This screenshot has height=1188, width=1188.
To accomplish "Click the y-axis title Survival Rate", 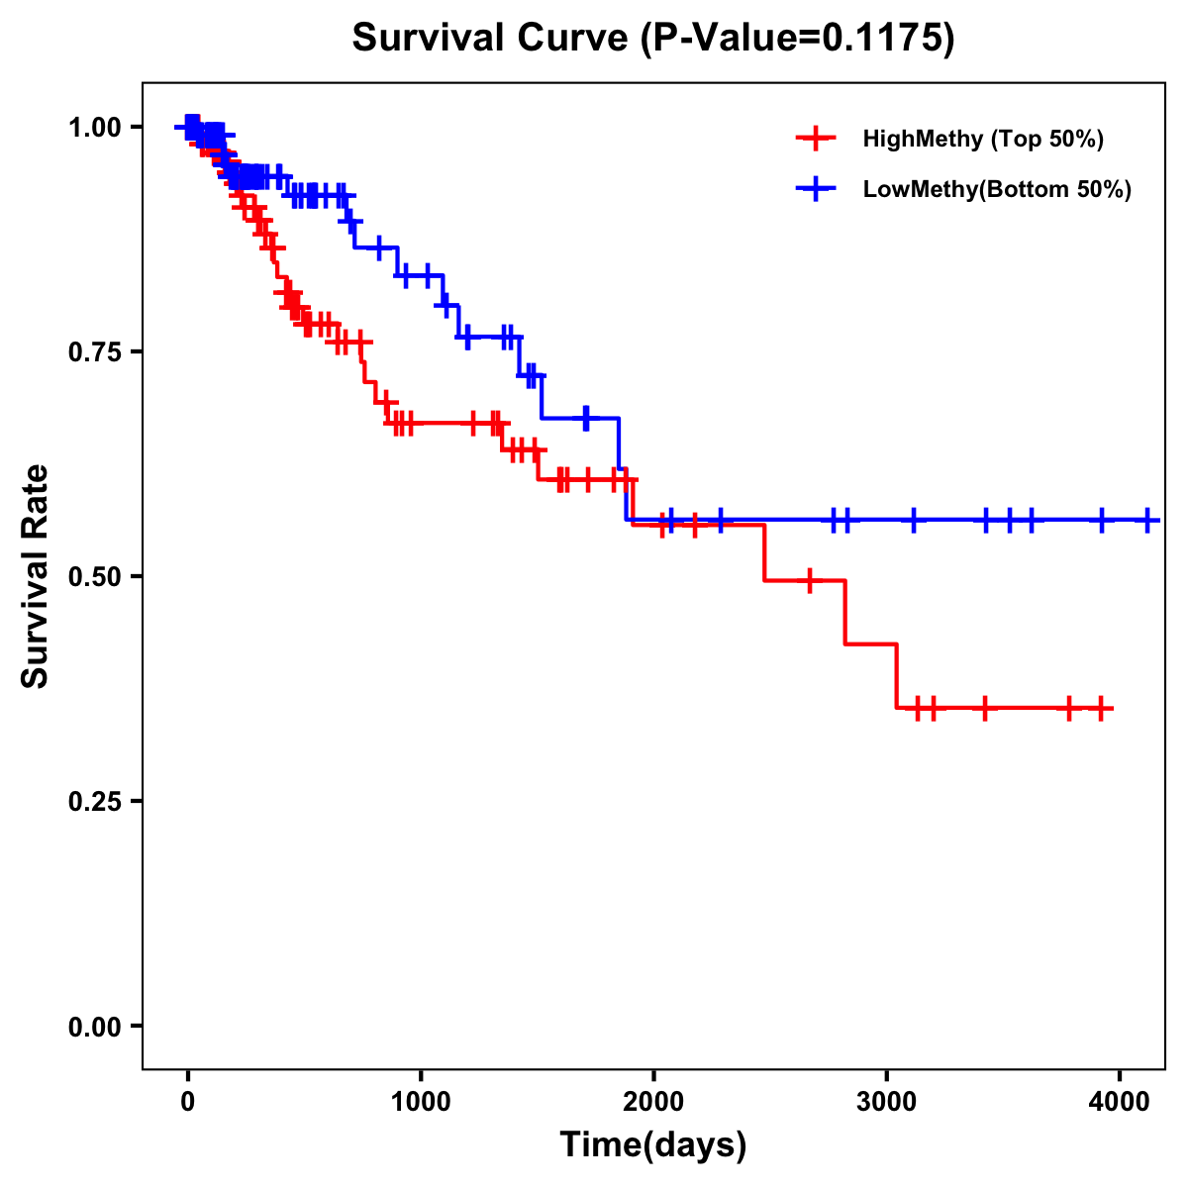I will [36, 575].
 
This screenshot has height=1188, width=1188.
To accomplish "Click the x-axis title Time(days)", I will [653, 1145].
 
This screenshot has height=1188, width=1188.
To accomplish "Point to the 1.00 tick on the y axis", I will [96, 127].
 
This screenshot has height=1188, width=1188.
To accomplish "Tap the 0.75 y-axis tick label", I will [96, 351].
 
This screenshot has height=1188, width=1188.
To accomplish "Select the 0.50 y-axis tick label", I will [96, 576].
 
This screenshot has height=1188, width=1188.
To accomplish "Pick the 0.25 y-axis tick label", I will [96, 801].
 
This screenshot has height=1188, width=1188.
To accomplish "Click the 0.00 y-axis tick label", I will [96, 1026].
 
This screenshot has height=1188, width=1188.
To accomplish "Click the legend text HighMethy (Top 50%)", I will [983, 139].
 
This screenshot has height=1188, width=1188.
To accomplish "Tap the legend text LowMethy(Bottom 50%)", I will [997, 189].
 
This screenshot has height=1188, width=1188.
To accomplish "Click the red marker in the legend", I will [816, 139].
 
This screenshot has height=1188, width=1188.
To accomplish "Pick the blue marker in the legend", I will [816, 189].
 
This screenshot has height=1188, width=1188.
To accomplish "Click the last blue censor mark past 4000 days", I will [1147, 520].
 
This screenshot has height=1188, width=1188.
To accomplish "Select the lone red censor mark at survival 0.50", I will [810, 580].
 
